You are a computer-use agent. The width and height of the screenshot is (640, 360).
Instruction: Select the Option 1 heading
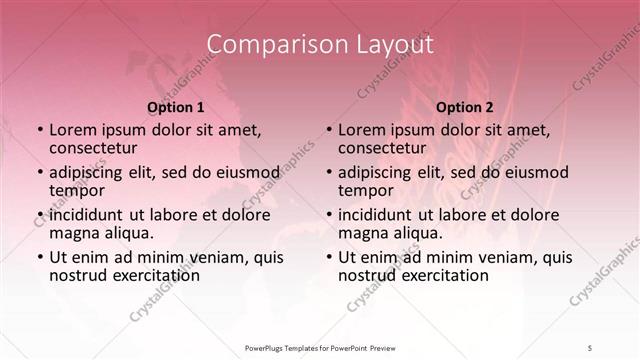(175, 107)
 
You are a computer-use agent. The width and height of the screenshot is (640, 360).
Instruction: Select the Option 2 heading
(465, 107)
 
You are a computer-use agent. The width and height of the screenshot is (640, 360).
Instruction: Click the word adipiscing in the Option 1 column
(90, 171)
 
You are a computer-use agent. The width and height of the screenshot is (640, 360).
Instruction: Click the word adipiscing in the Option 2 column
(380, 171)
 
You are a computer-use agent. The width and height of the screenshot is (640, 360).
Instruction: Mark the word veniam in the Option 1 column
(220, 257)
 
